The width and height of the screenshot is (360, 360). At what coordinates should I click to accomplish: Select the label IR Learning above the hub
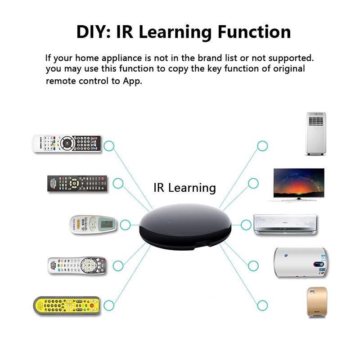[x=184, y=187]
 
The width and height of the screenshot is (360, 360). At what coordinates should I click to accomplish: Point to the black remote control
[x=77, y=184]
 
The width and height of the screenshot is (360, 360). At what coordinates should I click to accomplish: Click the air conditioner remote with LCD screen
[x=93, y=224]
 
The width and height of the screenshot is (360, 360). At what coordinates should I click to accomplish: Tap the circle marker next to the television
[x=253, y=183]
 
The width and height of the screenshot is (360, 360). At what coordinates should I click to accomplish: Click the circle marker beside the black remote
[x=118, y=183]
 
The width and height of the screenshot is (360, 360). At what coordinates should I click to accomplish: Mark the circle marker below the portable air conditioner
[x=262, y=145]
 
